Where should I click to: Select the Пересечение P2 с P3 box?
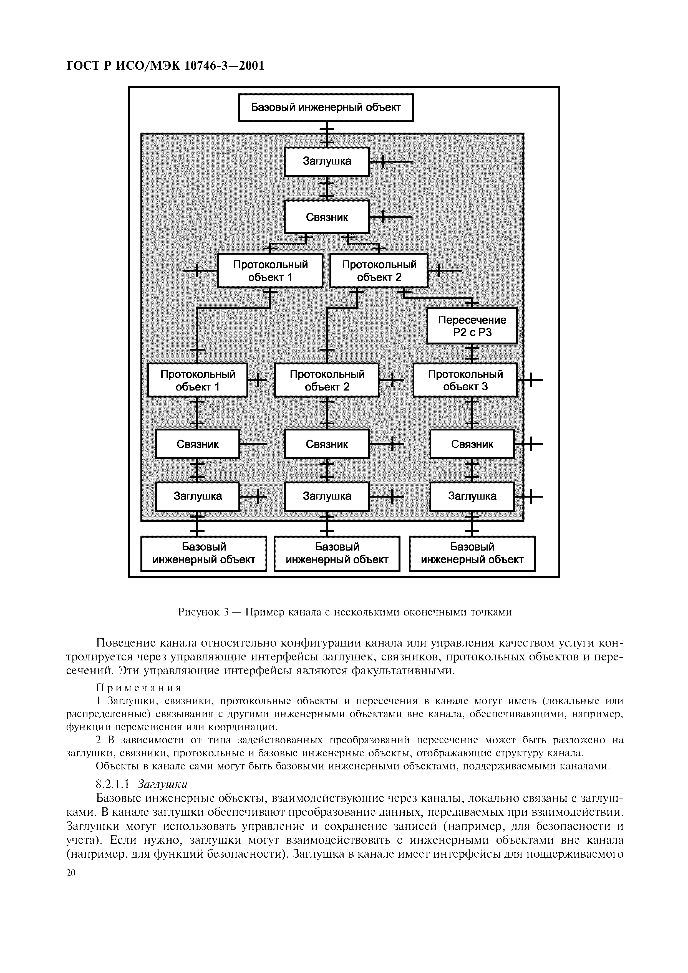point(472,325)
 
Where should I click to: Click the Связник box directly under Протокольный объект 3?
point(472,444)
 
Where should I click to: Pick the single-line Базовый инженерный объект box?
point(326,107)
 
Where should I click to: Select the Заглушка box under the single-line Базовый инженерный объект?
point(327,161)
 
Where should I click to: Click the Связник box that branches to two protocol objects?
point(327,217)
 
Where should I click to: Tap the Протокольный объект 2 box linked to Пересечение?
point(379,270)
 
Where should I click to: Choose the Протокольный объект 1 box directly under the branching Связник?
point(270,270)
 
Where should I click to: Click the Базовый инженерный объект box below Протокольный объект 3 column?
point(472,553)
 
